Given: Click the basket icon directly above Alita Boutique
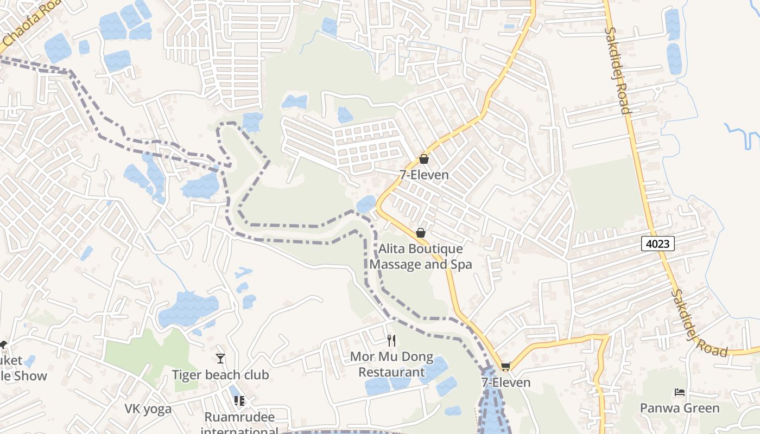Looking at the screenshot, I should coord(420,233).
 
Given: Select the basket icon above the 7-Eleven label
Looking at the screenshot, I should coord(424,159).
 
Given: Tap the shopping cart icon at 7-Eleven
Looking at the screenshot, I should coord(506,367).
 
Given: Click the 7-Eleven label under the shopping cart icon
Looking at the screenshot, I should coord(506,382).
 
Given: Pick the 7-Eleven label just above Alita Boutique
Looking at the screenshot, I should coord(424,175).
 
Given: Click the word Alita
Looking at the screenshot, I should coord(392,249).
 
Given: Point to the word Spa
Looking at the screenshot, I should coord(460,264).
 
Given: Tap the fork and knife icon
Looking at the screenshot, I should coord(391,341).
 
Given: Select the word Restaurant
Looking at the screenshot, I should coord(391,372).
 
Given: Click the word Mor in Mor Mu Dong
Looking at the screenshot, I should coord(362,357).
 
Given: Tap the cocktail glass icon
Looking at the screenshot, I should coord(220,359).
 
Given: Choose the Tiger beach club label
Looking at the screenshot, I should coord(220,375).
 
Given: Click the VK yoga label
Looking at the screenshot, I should coord(148,409).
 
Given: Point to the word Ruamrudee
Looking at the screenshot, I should coord(239,417).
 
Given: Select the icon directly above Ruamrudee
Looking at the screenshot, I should coord(239,401).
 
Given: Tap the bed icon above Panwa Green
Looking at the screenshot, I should coord(679,392).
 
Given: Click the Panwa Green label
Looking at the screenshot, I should coord(680,408).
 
